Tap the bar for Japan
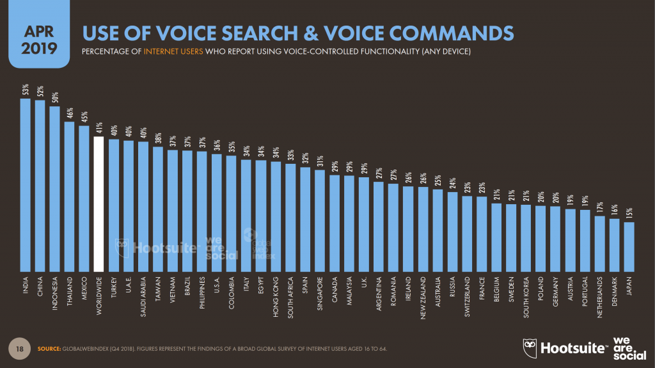[x=629, y=246]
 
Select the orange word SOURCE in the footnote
[x=47, y=348]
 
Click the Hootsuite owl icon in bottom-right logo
[x=530, y=346]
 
